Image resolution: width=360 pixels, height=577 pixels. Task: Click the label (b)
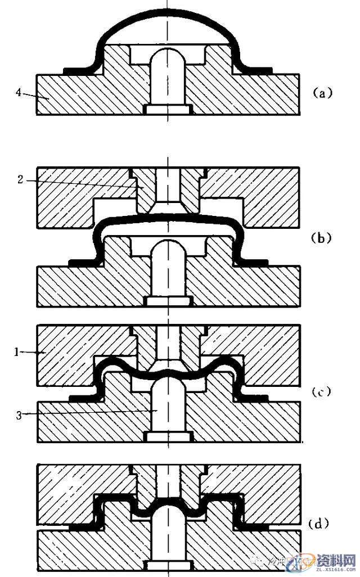[323, 238]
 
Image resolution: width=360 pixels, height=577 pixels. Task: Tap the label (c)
[322, 392]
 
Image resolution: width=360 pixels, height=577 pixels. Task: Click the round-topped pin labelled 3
[168, 408]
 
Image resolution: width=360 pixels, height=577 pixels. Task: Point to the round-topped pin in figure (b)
[168, 270]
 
